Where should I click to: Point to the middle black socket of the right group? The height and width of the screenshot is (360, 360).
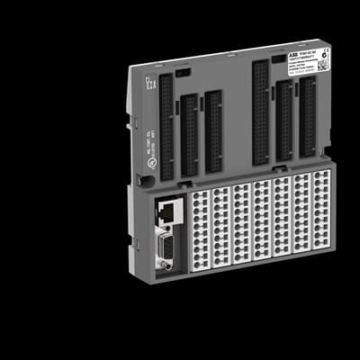284,121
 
